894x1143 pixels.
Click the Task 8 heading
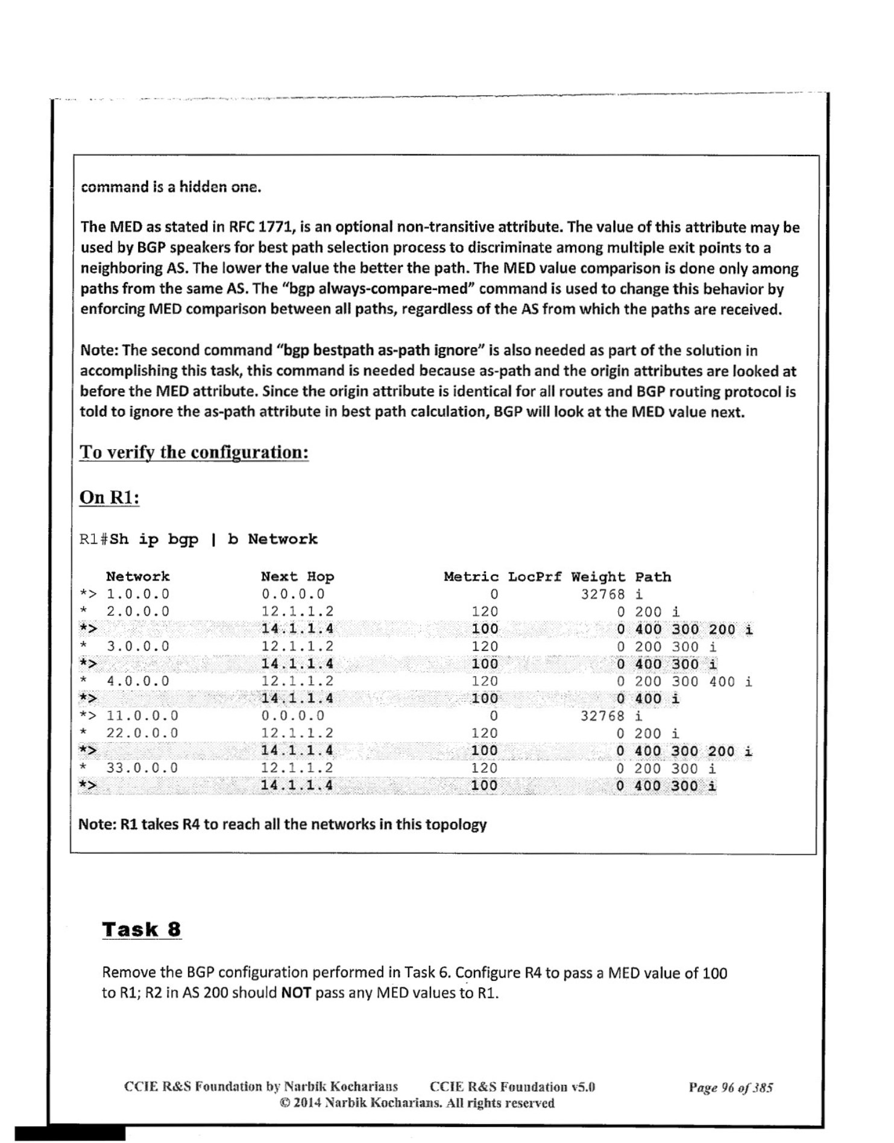pyautogui.click(x=142, y=929)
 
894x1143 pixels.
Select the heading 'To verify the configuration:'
pyautogui.click(x=194, y=452)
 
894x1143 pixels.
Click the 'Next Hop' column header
pyautogui.click(x=297, y=576)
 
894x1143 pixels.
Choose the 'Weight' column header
pyautogui.click(x=598, y=576)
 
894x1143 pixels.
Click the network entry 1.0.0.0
pyautogui.click(x=138, y=594)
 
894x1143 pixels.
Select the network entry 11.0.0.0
pyautogui.click(x=142, y=716)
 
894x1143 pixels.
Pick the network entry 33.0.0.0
pyautogui.click(x=142, y=767)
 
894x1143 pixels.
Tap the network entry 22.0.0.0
pyautogui.click(x=142, y=733)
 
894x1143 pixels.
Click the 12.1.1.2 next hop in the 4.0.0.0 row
pyautogui.click(x=297, y=681)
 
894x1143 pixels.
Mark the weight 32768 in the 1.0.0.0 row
pyautogui.click(x=603, y=594)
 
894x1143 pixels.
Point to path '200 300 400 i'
pyautogui.click(x=693, y=682)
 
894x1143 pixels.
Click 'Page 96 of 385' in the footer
pyautogui.click(x=731, y=1088)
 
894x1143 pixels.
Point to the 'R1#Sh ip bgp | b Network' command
pyautogui.click(x=198, y=539)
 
